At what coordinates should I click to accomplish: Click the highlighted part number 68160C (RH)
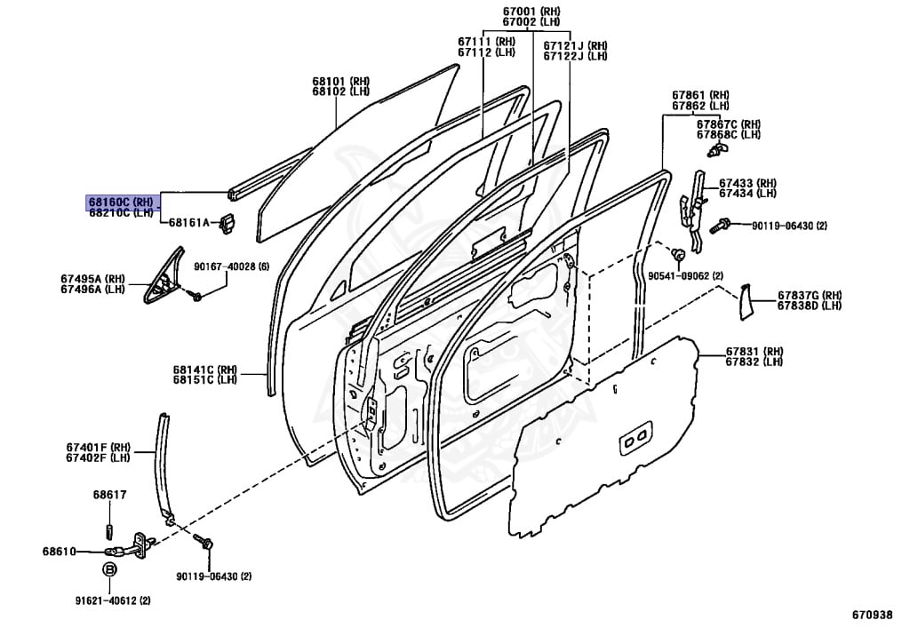point(121,203)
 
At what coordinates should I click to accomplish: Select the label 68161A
point(188,222)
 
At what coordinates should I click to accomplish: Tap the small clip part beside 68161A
point(227,223)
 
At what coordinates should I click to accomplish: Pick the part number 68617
point(109,495)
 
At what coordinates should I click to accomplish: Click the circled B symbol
point(109,569)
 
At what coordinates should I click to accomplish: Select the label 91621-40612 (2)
point(113,600)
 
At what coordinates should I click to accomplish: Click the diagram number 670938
point(872,615)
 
